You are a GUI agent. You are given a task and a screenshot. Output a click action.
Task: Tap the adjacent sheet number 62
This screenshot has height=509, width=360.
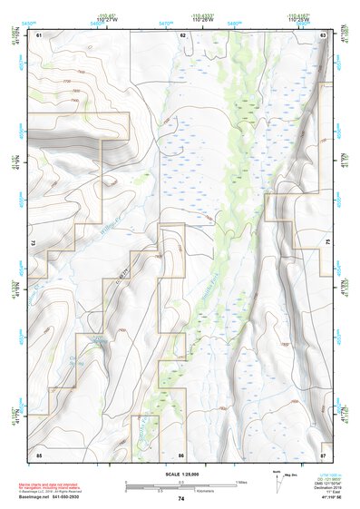coord(182,34)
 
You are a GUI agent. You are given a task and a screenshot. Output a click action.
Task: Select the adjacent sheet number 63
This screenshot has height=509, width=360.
coord(324,34)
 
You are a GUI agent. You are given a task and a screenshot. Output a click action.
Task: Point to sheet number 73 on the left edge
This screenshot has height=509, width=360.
coord(34,244)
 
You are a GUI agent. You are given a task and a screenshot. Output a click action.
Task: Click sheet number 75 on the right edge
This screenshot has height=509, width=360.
coord(328,244)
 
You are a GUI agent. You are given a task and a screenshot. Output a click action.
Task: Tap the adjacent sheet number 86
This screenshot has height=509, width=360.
coord(182,453)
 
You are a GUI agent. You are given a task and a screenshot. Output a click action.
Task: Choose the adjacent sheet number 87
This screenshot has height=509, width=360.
coord(324,453)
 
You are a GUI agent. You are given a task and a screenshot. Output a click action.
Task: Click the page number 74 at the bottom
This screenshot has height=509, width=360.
coord(180,499)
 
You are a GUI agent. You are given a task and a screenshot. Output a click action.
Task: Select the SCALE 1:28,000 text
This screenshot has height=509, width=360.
coord(180,475)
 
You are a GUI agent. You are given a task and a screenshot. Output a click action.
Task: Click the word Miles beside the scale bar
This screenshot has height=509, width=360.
coord(241,482)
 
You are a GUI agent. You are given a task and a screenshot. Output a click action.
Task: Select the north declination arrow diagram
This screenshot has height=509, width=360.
coord(277,481)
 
